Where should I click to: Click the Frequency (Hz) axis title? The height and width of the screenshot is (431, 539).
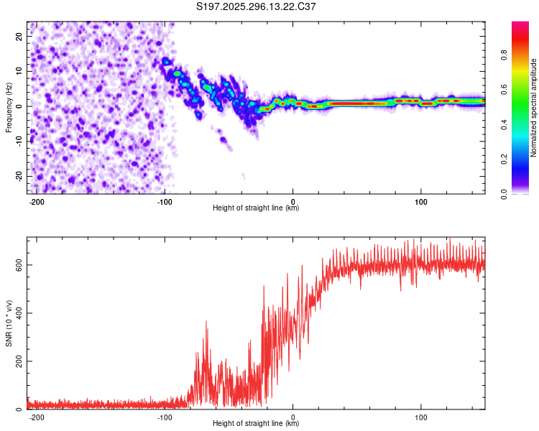click(9, 107)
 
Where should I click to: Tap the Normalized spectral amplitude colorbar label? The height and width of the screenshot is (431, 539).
click(534, 108)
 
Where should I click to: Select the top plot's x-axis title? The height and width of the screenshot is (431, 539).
click(256, 208)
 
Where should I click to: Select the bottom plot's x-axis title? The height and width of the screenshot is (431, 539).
click(256, 424)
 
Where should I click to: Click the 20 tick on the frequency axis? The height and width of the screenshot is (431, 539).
click(19, 35)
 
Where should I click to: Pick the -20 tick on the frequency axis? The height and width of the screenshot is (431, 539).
click(18, 176)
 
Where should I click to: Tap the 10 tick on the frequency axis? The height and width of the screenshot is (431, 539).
click(19, 70)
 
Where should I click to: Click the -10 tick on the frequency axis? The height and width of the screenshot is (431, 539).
click(18, 141)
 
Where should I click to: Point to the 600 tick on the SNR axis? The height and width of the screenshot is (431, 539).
click(17, 265)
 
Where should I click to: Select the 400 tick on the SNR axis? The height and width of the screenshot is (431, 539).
click(17, 313)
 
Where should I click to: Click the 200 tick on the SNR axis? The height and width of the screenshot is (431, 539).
click(17, 361)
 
